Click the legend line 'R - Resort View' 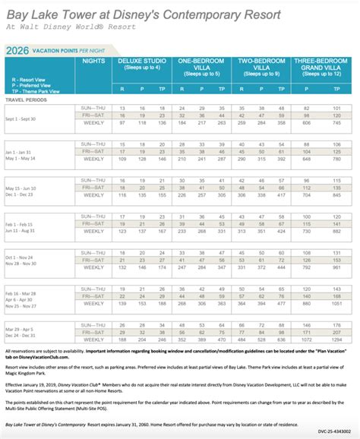[22, 78]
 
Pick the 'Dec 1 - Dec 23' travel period [22, 194]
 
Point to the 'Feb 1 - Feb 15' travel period [22, 226]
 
